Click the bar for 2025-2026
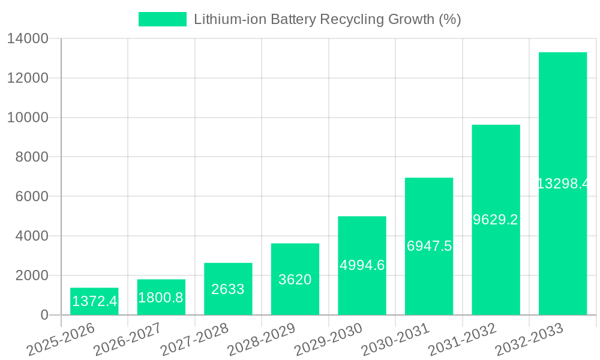[x=94, y=301]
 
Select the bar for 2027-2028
[x=228, y=289]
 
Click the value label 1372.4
[x=94, y=301]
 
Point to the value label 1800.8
[x=161, y=298]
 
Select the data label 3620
[x=295, y=280]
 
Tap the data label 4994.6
[x=362, y=265]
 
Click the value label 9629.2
[x=495, y=220]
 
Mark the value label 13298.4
[x=562, y=184]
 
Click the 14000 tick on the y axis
[x=28, y=39]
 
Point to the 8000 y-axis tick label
[x=31, y=157]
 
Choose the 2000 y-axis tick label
[x=31, y=275]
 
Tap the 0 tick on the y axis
[x=44, y=315]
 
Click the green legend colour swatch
[x=163, y=19]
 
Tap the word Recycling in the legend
[x=348, y=19]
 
